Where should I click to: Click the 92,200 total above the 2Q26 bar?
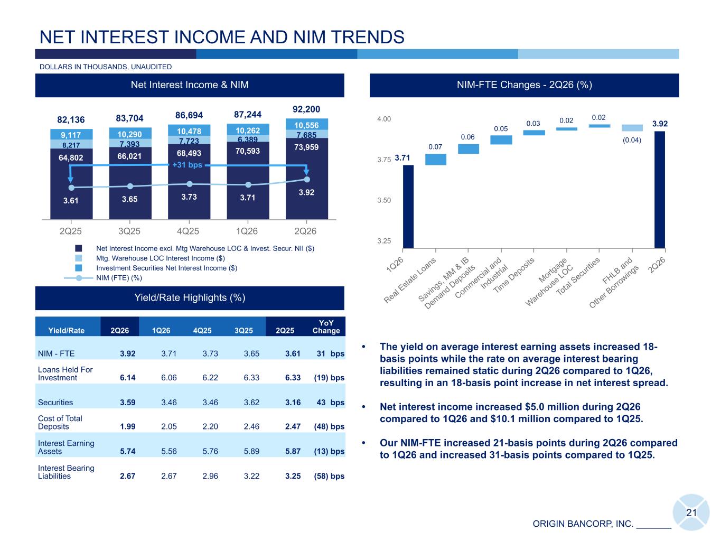306,109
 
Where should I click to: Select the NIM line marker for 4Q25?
190,184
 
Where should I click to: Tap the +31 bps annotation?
187,164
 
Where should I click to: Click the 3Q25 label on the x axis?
129,231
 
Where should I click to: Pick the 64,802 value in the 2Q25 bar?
71,157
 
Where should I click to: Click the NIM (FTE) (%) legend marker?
79,278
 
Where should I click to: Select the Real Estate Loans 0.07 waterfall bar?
436,160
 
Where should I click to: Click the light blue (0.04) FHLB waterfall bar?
632,128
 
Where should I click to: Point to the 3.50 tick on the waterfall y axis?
383,200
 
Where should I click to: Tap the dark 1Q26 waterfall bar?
408,206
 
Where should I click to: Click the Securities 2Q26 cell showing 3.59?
127,403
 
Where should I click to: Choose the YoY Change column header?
326,327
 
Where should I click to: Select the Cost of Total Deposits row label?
60,423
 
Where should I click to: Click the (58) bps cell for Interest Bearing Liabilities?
329,476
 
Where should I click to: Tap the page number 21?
691,512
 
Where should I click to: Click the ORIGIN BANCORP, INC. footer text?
583,524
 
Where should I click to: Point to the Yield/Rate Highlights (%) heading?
190,297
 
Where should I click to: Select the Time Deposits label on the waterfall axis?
514,275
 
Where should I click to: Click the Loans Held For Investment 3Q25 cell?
251,377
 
